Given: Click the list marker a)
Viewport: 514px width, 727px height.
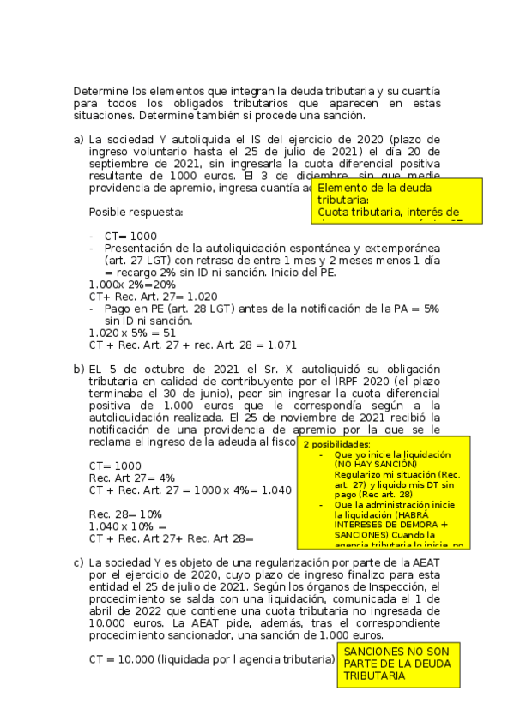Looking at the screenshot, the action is pos(78,141).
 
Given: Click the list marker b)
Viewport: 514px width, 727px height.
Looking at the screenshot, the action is pos(78,369).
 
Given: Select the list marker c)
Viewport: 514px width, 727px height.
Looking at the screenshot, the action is pos(78,562).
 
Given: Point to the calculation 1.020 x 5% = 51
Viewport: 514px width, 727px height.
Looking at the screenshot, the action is pos(133,333).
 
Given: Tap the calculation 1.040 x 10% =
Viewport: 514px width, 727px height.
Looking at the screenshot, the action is pos(128,526).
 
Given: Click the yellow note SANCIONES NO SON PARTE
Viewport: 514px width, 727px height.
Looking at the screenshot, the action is pos(398,664).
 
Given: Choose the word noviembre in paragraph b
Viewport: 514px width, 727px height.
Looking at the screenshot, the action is pos(318,417).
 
